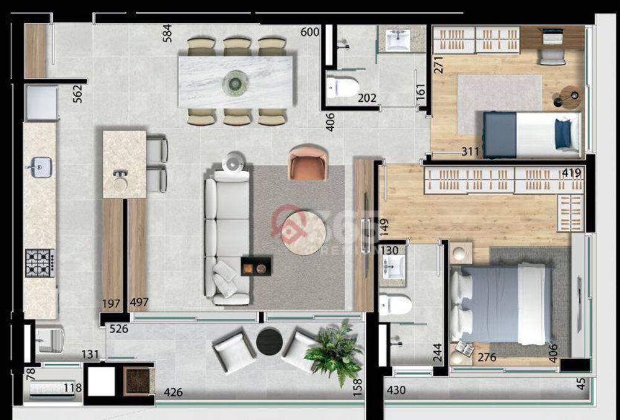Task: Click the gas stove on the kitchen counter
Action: [x=40, y=263]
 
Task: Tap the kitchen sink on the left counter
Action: [x=39, y=167]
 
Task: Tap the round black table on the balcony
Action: [x=269, y=342]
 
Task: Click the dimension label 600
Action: [x=309, y=32]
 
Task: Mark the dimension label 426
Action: [x=173, y=391]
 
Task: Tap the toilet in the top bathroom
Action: [x=342, y=87]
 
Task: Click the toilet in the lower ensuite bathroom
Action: [x=395, y=305]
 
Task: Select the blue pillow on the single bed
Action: [x=563, y=135]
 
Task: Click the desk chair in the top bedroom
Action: [x=552, y=56]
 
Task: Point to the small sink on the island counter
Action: [x=120, y=182]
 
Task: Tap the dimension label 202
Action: [x=367, y=97]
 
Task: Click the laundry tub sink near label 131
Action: [x=50, y=340]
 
